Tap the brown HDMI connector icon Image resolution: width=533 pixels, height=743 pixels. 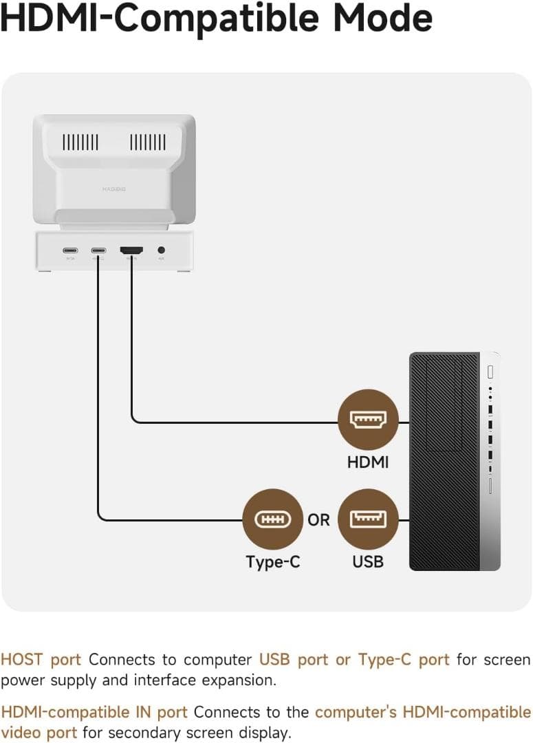(x=368, y=419)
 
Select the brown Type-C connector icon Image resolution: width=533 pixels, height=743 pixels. (x=273, y=519)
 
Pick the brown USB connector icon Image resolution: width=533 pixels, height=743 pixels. (x=368, y=519)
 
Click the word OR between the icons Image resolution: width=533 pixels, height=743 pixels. (x=319, y=520)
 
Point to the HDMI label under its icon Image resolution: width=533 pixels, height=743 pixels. (x=368, y=462)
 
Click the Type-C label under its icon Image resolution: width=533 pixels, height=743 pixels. (x=273, y=562)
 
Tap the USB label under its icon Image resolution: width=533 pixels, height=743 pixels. (x=368, y=562)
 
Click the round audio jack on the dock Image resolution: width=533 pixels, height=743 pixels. (x=162, y=251)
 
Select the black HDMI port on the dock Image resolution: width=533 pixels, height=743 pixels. (x=131, y=251)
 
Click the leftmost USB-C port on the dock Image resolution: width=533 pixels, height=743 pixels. (x=70, y=251)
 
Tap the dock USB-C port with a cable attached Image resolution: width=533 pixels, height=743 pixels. (x=98, y=251)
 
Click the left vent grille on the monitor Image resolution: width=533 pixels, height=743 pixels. (x=80, y=142)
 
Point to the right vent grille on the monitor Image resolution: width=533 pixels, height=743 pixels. (x=148, y=142)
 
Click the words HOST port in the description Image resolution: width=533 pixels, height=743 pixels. (x=41, y=660)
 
